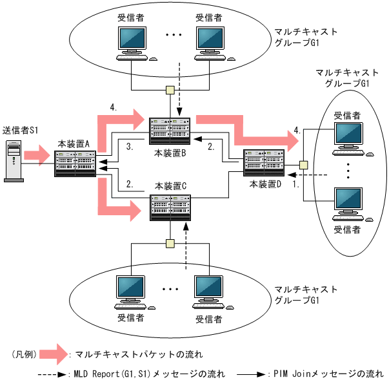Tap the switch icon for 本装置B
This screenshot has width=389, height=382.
coord(170,132)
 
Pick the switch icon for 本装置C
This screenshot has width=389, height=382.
coord(170,206)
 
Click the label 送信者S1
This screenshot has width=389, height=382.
coord(21,131)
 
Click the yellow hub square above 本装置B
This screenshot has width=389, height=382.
coord(170,90)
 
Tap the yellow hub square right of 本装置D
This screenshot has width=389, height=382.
coord(303,165)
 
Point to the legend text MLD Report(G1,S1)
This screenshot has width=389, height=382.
coord(113,374)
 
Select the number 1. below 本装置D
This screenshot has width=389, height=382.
coord(296,184)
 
